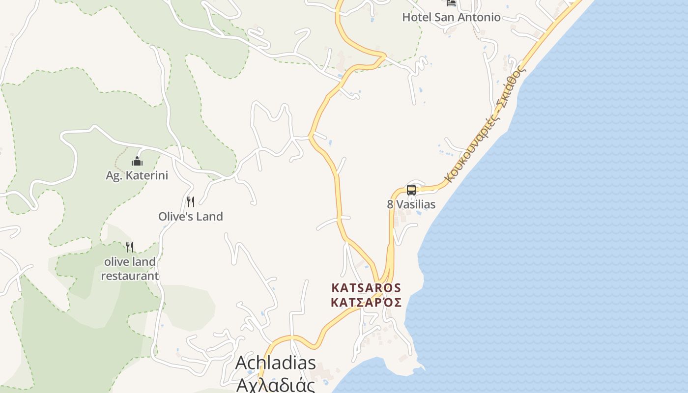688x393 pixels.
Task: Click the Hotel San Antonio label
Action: (451, 17)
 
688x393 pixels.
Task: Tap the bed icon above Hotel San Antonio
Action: (451, 2)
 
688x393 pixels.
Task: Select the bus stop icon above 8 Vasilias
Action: (411, 190)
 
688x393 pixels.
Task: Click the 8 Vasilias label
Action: (411, 204)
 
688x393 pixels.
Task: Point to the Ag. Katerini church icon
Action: (137, 161)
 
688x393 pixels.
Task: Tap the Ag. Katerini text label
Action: (137, 175)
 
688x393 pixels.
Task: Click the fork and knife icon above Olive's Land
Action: (191, 202)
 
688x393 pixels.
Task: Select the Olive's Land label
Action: (191, 216)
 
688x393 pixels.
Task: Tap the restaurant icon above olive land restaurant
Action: (130, 247)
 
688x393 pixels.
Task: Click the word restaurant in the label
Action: (130, 276)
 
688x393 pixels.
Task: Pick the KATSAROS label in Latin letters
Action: (366, 288)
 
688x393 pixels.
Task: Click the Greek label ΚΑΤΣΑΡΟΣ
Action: (366, 302)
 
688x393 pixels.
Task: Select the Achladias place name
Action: (276, 363)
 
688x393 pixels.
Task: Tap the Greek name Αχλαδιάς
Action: (276, 384)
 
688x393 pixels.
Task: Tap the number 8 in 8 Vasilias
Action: (390, 204)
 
